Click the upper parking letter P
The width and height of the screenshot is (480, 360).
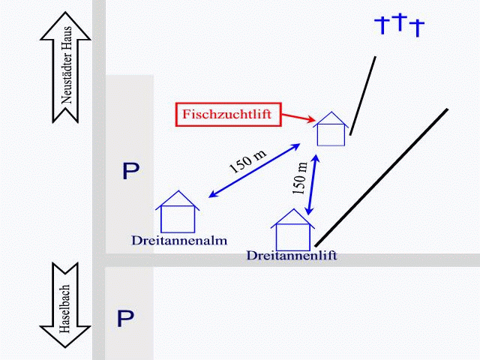(130, 172)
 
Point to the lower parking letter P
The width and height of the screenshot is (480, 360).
(124, 318)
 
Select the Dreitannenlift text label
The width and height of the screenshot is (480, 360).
(291, 256)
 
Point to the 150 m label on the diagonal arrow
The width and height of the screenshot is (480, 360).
(247, 160)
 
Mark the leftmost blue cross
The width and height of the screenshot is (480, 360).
(382, 25)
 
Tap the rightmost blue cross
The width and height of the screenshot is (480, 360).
(417, 28)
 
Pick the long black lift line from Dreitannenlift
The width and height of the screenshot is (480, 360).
(382, 177)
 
